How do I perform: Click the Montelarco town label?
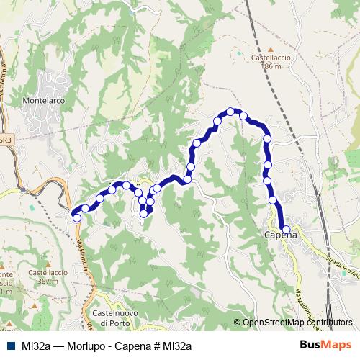pyautogui.click(x=45, y=102)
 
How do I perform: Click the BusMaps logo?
pyautogui.click(x=327, y=346)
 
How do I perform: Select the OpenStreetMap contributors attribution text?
pyautogui.click(x=297, y=323)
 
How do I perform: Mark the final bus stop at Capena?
pyautogui.click(x=287, y=230)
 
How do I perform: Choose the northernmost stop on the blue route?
pyautogui.click(x=230, y=112)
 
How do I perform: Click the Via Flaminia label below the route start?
pyautogui.click(x=83, y=248)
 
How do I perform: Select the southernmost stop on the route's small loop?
pyautogui.click(x=144, y=212)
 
